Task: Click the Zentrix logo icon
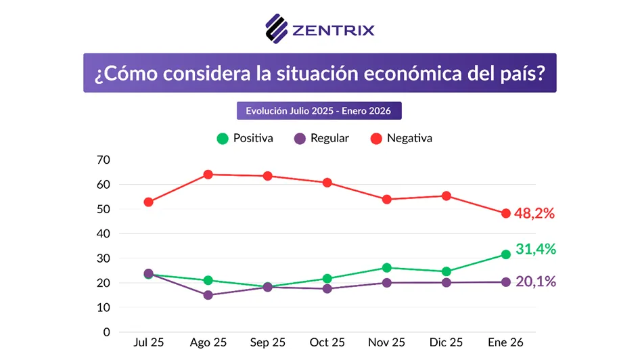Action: pos(277,28)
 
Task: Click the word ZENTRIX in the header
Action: pos(333,30)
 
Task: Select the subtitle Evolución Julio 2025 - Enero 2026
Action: pos(319,111)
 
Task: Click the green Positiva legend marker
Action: pos(222,138)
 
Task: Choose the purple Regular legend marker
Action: pos(300,138)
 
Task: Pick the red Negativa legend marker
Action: pos(376,138)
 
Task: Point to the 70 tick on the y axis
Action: pos(104,160)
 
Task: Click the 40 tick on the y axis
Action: pos(104,233)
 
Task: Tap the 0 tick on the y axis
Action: pos(106,332)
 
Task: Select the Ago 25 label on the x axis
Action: pos(208,343)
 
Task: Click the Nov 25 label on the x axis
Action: pos(387,343)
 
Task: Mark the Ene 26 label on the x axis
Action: pos(505,343)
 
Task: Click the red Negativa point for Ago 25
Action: pos(208,175)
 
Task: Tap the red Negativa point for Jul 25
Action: pos(149,202)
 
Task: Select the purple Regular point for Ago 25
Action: pos(208,295)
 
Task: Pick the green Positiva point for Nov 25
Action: pos(387,268)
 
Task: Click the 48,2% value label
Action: pos(534,213)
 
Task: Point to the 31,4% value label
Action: pos(536,249)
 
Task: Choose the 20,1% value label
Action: pos(536,282)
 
